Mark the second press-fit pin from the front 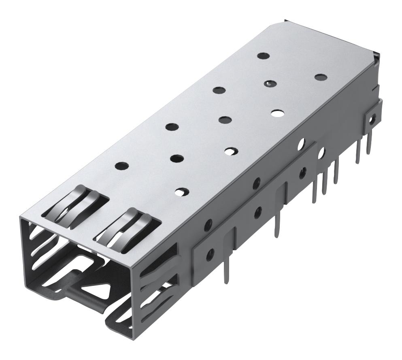point(277,228)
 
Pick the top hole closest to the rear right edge point(320,77)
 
